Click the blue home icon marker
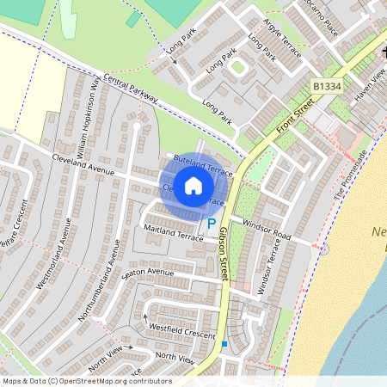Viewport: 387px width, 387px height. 194,185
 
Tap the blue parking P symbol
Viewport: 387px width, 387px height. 212,224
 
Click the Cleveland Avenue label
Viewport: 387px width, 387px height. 83,160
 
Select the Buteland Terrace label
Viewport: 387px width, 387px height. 203,163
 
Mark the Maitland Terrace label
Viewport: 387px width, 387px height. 173,232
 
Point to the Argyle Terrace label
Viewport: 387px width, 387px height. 283,40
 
